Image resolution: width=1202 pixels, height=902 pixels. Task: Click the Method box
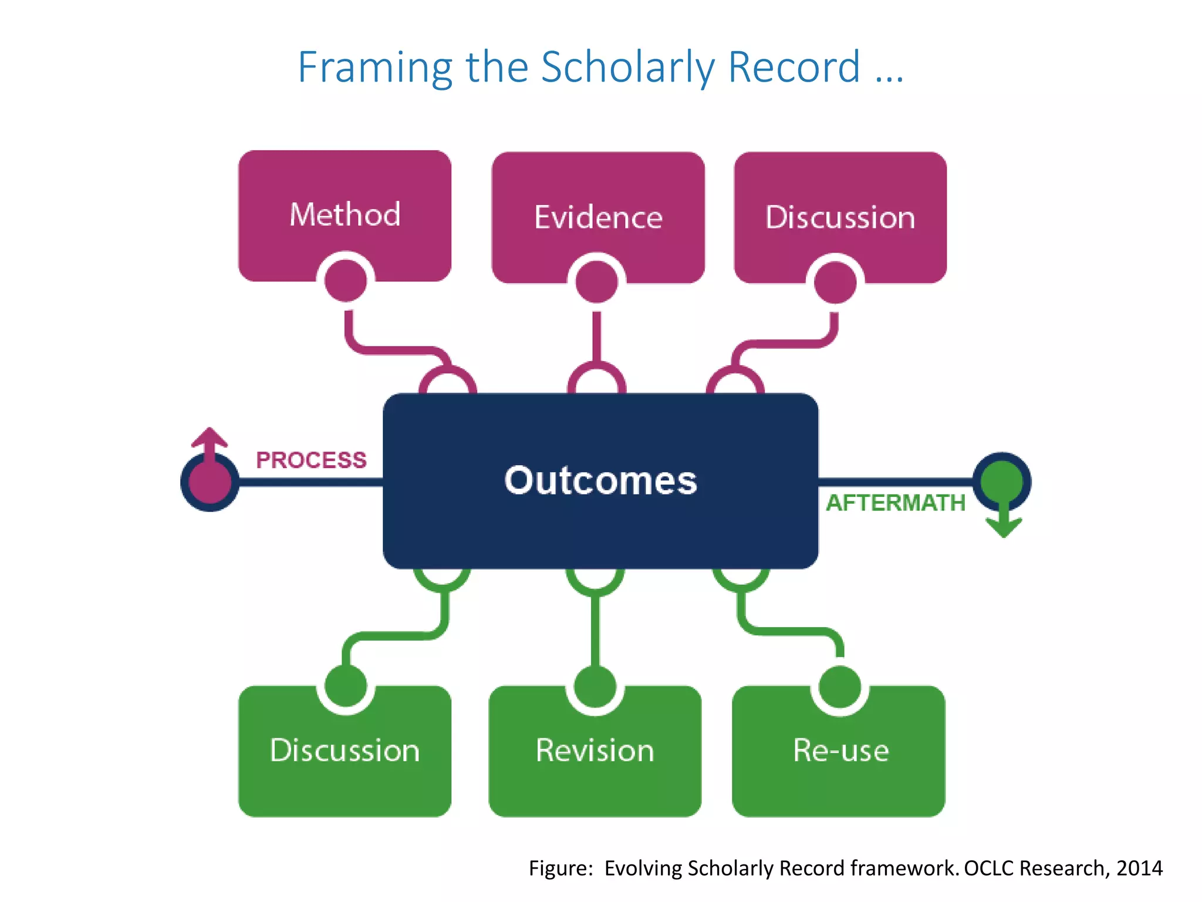(345, 214)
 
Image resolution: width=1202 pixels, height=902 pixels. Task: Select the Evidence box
(597, 217)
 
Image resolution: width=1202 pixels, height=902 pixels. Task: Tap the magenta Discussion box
(840, 217)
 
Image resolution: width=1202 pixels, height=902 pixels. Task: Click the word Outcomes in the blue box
(600, 480)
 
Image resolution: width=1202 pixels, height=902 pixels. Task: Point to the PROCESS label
(311, 460)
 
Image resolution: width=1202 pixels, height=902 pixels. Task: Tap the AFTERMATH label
(896, 503)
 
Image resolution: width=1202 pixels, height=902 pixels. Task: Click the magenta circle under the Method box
(346, 280)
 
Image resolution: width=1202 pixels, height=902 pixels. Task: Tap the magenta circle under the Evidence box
(596, 282)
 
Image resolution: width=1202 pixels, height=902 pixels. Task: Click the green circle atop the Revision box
(595, 686)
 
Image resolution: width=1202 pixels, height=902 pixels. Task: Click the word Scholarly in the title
(627, 68)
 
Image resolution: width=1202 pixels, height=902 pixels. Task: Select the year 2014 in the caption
(1139, 868)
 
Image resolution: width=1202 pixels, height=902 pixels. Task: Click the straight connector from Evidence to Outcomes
(596, 336)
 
